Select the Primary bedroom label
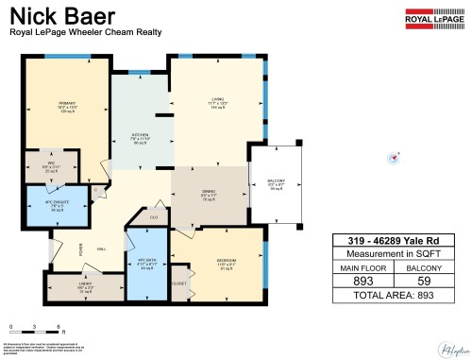[67, 108]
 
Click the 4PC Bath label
[145, 264]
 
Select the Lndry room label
[86, 286]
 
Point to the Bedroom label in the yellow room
[225, 260]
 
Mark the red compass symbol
[395, 158]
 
